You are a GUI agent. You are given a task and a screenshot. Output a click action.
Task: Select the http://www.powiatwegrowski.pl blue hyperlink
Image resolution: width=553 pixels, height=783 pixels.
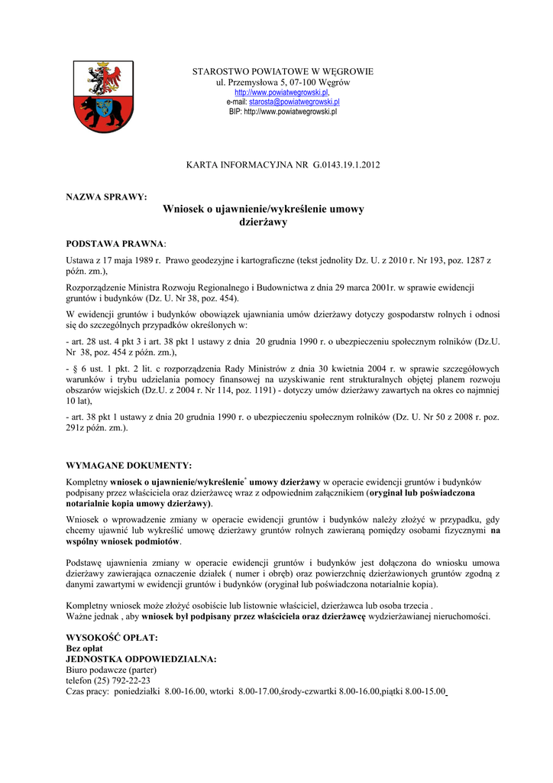coord(281,92)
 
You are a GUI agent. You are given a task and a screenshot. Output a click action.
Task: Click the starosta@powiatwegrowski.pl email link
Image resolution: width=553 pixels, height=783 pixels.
coord(294,102)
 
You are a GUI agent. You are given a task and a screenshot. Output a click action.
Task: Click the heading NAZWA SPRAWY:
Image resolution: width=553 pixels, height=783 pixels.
coord(107,197)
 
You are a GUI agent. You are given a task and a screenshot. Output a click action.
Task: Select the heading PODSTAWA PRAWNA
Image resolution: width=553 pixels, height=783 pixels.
coord(115,243)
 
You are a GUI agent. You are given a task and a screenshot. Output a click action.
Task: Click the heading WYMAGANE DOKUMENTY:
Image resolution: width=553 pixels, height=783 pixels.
coord(129,466)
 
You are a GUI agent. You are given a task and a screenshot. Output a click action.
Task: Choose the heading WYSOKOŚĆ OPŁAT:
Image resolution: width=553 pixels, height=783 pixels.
coord(112,638)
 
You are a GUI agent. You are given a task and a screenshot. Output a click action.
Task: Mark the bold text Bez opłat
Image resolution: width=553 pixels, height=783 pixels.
coord(85,648)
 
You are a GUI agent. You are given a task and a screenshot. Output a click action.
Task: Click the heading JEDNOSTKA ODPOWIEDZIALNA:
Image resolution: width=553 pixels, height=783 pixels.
coord(141,659)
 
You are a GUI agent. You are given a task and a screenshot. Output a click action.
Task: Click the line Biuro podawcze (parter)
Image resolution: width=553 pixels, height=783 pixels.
coord(112,670)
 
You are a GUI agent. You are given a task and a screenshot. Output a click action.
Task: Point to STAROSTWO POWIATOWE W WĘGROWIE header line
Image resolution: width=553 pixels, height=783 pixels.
coord(283,72)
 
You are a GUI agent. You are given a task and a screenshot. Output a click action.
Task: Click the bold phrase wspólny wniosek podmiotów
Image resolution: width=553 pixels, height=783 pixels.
coord(124,541)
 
